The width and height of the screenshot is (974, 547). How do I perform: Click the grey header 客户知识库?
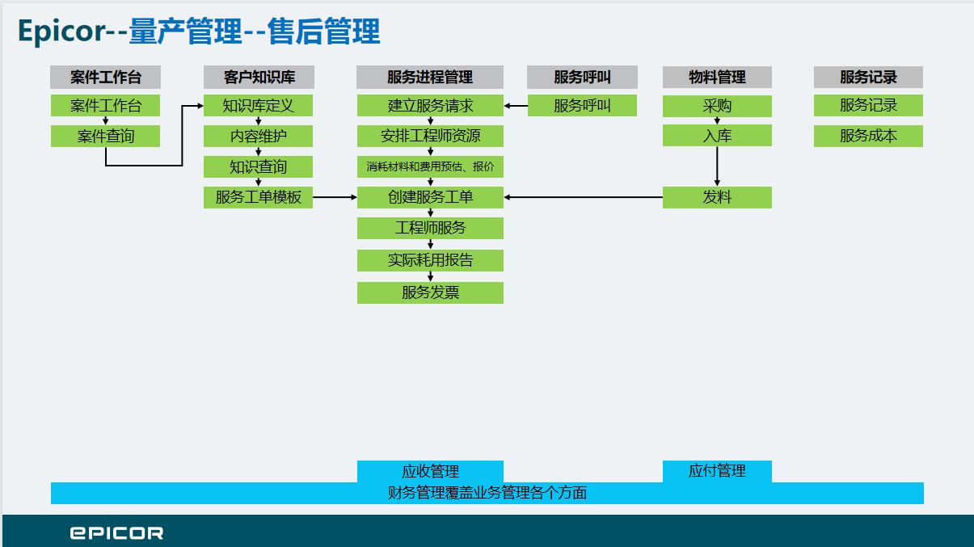(259, 77)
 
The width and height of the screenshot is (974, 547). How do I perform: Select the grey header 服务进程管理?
(430, 77)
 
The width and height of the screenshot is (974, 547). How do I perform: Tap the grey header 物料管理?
(717, 77)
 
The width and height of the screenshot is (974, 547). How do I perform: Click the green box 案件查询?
(105, 136)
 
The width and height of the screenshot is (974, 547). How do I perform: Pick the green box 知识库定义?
(259, 106)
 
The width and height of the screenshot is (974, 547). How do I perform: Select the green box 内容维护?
(259, 136)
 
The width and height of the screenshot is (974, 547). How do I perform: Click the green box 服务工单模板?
(259, 197)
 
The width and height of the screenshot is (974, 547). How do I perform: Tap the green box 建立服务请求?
(430, 106)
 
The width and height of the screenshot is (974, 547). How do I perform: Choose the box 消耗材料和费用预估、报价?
(430, 166)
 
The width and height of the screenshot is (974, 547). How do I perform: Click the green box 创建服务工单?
(430, 197)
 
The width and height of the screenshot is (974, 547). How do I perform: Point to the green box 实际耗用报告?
(430, 260)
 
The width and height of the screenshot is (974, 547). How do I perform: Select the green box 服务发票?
(430, 292)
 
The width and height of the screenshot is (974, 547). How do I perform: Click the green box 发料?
(717, 197)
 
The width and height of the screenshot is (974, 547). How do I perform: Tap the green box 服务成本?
(868, 136)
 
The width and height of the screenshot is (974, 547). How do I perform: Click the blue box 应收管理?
(430, 471)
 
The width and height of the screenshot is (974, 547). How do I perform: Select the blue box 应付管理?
(717, 471)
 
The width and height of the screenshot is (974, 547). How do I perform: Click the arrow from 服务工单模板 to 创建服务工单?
(335, 197)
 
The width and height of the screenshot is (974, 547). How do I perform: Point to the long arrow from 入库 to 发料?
(717, 166)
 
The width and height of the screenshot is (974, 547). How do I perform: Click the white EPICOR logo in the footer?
(116, 533)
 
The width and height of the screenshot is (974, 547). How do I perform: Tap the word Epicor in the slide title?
(61, 32)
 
